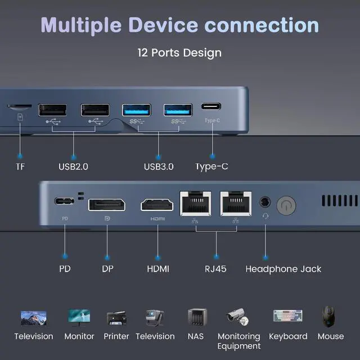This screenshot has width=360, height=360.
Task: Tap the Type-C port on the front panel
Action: coord(211,106)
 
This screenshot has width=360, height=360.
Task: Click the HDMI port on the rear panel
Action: coord(157,204)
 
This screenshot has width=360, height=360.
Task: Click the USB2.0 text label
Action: coord(73,166)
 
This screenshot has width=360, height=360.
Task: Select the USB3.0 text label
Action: coord(159,166)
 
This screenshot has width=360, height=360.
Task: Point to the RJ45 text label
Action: coord(215,269)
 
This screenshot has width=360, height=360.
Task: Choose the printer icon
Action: coord(116,318)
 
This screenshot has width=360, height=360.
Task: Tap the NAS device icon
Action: coord(196,318)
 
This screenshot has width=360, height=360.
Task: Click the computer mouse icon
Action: coord(330,317)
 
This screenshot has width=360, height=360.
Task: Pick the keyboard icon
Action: coord(288,317)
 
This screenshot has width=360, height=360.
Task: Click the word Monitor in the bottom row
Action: coord(79,336)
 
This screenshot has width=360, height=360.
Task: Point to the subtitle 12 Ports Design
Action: coord(179,53)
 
